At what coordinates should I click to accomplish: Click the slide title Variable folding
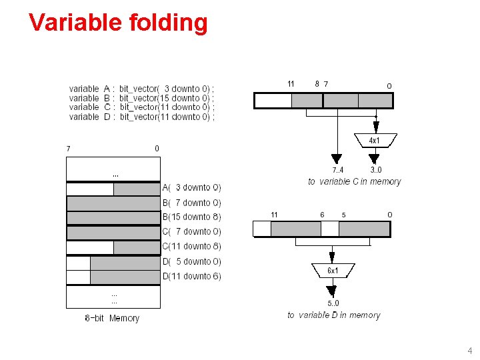pyautogui.click(x=118, y=23)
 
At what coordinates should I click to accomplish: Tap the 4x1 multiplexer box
pyautogui.click(x=375, y=140)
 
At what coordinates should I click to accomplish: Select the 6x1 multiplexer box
pyautogui.click(x=333, y=271)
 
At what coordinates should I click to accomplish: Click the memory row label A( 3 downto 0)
pyautogui.click(x=192, y=188)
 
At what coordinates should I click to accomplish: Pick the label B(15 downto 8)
pyautogui.click(x=192, y=217)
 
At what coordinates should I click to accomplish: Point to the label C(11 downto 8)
pyautogui.click(x=192, y=246)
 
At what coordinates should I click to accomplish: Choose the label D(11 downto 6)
pyautogui.click(x=192, y=276)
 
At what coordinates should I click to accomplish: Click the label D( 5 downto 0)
pyautogui.click(x=192, y=261)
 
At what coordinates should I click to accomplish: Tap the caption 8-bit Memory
pyautogui.click(x=112, y=318)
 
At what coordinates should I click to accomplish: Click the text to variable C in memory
pyautogui.click(x=354, y=181)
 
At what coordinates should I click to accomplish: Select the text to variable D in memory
pyautogui.click(x=333, y=315)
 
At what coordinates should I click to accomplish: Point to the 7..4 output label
pyautogui.click(x=338, y=170)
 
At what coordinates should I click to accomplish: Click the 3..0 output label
pyautogui.click(x=376, y=170)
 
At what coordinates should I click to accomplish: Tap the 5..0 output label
pyautogui.click(x=333, y=303)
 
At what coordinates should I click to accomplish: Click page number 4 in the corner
pyautogui.click(x=469, y=351)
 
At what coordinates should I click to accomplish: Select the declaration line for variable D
pyautogui.click(x=141, y=117)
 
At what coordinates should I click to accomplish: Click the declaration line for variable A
pyautogui.click(x=141, y=89)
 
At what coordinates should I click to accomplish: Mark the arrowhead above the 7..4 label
pyautogui.click(x=337, y=159)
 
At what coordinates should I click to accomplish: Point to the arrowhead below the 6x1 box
pyautogui.click(x=332, y=290)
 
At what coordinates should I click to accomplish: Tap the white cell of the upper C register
pyautogui.click(x=273, y=101)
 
